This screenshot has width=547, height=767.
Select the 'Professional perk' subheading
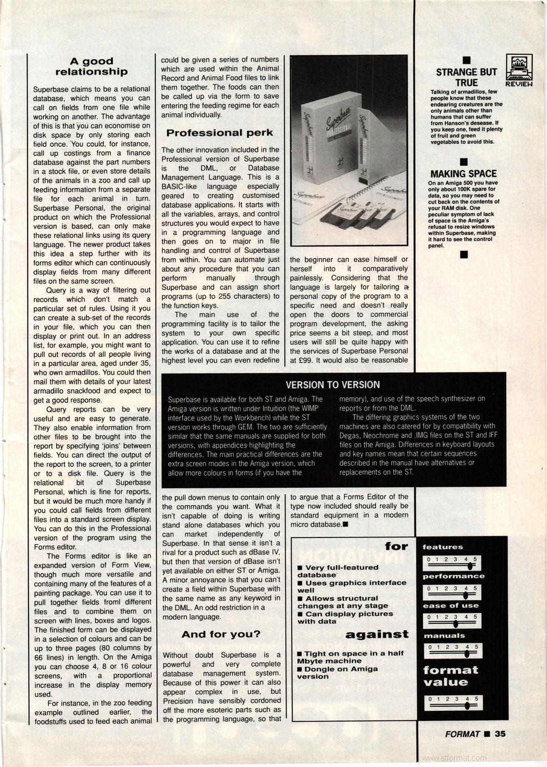coord(220,133)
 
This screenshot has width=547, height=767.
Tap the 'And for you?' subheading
coord(221,635)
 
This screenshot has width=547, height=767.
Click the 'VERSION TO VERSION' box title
coord(332,385)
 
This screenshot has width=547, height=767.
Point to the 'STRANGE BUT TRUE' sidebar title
coord(466,77)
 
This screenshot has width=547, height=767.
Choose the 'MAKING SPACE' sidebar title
coord(463,173)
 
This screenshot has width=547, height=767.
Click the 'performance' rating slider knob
coord(466,595)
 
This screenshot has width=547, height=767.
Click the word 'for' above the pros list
coord(396,547)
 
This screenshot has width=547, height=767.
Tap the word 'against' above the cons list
coord(377,635)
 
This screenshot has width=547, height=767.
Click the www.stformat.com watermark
coord(455,758)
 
